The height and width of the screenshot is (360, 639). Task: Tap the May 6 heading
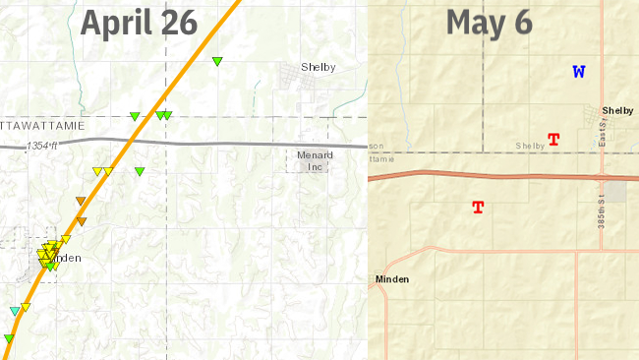pos(489,22)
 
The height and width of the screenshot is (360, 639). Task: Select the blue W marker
pos(579,72)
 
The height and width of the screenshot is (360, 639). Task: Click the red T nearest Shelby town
pos(553,140)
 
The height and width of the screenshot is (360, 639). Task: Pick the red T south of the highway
pos(479,208)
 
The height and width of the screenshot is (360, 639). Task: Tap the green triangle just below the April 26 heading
pos(217,62)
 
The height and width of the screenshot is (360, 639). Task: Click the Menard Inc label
pos(315,161)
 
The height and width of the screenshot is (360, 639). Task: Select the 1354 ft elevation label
pos(42,146)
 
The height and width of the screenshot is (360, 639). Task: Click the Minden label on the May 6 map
pos(392,279)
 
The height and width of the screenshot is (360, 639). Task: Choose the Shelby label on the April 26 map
pos(319,67)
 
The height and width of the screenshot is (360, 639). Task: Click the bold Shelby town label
pos(617,111)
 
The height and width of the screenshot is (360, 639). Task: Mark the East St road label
pos(601,138)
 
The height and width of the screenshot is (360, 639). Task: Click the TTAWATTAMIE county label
pos(43,126)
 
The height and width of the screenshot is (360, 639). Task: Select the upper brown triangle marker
pos(81,202)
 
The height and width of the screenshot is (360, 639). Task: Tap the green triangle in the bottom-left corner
pos(8,338)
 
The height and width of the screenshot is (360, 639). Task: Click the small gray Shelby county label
pos(530,147)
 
